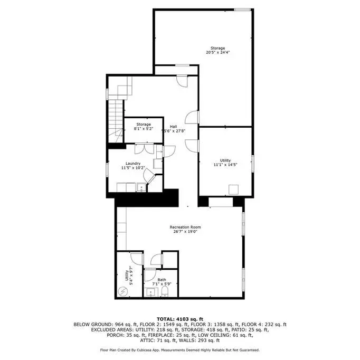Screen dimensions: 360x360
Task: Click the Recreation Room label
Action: point(185,227)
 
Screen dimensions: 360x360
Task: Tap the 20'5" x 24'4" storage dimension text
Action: point(217,52)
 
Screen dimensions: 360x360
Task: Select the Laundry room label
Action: point(133,164)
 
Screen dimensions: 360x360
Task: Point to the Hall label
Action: point(173,127)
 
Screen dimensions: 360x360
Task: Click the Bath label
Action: point(162,280)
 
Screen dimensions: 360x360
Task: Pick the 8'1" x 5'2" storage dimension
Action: point(144,129)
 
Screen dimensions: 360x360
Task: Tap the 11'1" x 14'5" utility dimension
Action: point(225,165)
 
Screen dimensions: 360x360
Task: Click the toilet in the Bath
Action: point(165,291)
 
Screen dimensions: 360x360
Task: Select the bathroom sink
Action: point(150,292)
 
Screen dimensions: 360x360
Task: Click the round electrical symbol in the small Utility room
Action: point(122,291)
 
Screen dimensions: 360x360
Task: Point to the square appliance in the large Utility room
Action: point(233,190)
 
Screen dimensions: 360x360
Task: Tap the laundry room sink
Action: point(141,187)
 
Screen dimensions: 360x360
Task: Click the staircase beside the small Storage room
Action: point(116,121)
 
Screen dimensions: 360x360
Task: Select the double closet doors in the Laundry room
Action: point(144,149)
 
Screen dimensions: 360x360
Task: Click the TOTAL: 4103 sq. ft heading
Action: point(180,319)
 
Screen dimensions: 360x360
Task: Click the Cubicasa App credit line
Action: point(180,350)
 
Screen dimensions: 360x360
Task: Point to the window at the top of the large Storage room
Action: point(242,10)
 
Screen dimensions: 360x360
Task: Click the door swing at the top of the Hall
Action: point(182,82)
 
